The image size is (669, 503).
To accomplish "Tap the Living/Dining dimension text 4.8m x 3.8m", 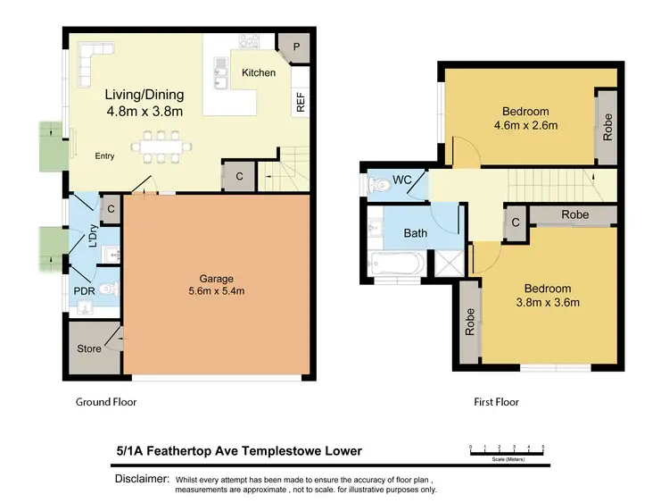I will point(145,112).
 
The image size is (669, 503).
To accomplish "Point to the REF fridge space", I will point(301,104).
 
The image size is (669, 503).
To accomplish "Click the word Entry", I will point(105,156).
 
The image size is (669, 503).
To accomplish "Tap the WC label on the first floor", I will point(402,180).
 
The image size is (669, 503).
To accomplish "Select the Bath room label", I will point(416,233).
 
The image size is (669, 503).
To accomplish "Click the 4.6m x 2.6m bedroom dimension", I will point(525,126).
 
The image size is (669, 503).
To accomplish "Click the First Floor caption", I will point(495,402).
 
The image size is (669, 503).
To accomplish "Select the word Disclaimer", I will point(142,480).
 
